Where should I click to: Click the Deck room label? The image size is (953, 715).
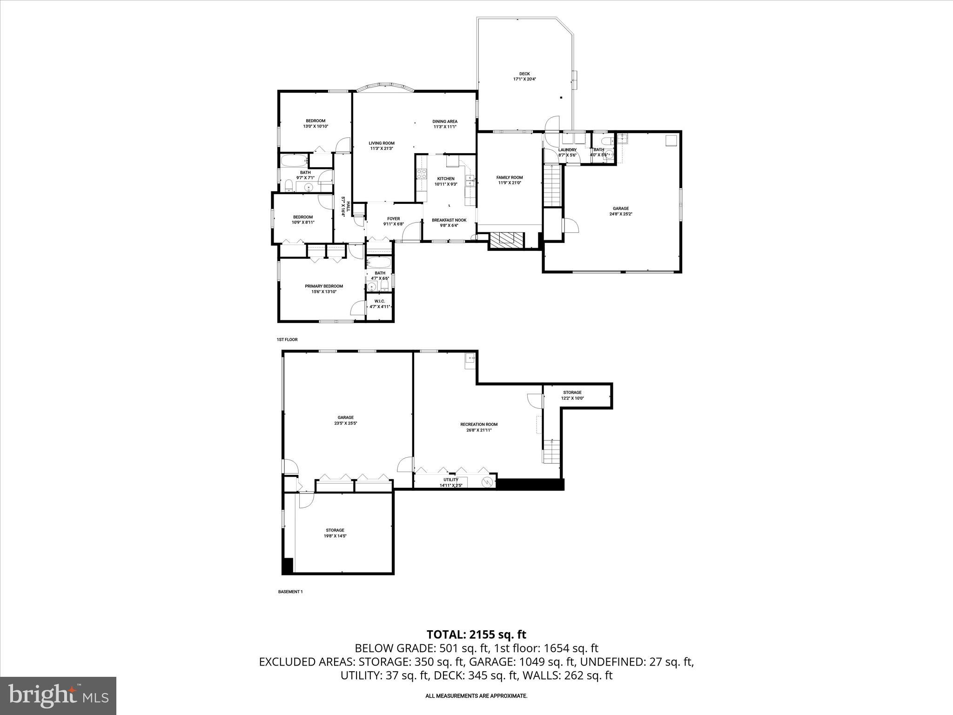(524, 74)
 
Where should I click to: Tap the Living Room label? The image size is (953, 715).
(382, 143)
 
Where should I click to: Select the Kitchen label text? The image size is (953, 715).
(445, 179)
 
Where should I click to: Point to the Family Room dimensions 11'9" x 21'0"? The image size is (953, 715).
(509, 183)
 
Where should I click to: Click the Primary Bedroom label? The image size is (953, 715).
(324, 286)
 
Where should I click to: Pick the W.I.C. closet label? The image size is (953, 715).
(380, 301)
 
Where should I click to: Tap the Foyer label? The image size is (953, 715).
(393, 219)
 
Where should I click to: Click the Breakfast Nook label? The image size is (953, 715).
(449, 220)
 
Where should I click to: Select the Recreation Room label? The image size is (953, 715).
(479, 425)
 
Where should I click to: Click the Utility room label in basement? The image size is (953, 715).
(450, 480)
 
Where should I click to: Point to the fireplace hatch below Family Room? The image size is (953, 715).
(507, 240)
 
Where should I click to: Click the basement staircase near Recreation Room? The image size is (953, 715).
(552, 451)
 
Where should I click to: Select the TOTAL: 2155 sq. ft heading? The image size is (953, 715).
(476, 634)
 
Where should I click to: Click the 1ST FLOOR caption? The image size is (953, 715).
(287, 340)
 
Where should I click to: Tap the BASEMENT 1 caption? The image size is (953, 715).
(290, 592)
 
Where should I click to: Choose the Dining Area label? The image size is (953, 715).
(445, 121)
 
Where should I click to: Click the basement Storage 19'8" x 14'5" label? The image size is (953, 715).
(335, 530)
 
